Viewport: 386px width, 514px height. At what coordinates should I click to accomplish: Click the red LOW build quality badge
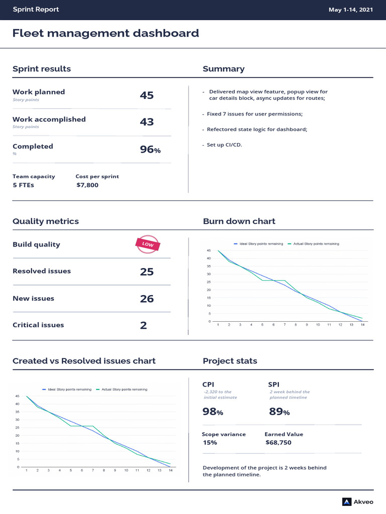click(148, 244)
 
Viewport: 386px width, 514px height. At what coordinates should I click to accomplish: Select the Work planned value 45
click(147, 95)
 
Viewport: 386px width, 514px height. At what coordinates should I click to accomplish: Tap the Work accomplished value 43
click(147, 122)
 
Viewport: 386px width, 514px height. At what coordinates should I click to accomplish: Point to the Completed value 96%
click(150, 150)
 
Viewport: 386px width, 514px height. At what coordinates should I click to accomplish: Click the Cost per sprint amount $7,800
click(87, 185)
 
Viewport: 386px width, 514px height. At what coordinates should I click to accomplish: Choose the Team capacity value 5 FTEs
click(23, 185)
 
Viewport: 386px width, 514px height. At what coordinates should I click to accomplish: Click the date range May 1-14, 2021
click(350, 10)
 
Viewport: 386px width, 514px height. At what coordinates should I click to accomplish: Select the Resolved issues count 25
click(147, 272)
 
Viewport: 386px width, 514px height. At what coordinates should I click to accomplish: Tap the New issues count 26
click(147, 299)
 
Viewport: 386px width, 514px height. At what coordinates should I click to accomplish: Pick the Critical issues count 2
click(143, 325)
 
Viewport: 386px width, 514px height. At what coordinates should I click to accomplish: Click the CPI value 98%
click(213, 412)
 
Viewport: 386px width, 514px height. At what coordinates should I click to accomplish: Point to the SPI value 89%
click(279, 412)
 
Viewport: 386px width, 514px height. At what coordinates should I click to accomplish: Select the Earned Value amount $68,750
click(278, 443)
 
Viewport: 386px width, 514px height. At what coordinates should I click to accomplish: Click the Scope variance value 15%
click(210, 443)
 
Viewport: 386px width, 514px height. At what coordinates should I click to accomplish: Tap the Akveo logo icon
click(347, 502)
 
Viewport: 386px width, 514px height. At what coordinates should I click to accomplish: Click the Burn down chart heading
click(239, 221)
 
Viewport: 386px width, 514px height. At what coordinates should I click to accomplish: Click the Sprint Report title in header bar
click(36, 9)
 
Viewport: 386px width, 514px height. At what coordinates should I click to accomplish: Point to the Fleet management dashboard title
click(106, 33)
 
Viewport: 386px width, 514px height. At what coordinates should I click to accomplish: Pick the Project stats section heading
click(230, 361)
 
